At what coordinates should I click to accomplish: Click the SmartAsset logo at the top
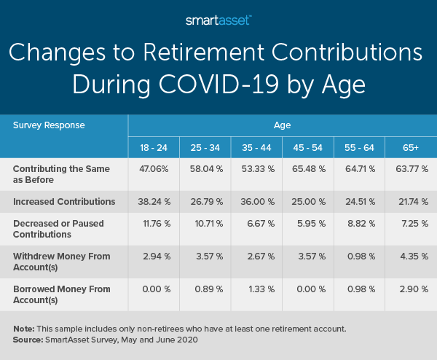219,20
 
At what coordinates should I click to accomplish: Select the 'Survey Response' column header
49,125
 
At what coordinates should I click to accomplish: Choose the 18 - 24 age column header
153,147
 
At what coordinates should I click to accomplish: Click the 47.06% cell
153,168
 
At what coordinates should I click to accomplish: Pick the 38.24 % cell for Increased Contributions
153,200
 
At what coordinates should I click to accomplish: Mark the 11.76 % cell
153,223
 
